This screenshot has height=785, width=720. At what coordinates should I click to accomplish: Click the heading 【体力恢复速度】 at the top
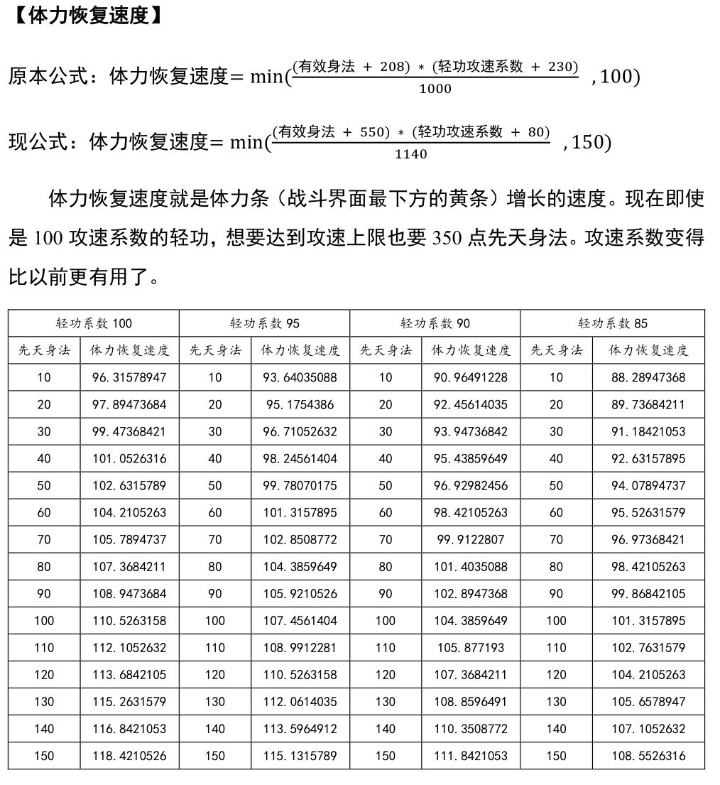(87, 16)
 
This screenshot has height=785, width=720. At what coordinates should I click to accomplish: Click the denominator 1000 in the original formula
(435, 89)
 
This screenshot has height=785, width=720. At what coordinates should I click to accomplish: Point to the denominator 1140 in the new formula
(411, 154)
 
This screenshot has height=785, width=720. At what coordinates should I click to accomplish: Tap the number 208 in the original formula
(395, 67)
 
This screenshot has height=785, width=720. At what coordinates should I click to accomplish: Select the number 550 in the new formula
(374, 132)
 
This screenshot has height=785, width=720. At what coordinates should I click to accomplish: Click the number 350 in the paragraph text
(447, 239)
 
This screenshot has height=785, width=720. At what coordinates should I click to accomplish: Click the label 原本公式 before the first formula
(48, 77)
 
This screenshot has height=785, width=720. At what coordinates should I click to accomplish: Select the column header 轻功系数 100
(94, 323)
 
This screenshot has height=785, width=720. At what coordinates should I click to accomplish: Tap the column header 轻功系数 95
(264, 323)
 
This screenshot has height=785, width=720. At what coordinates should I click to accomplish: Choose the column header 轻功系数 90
(435, 323)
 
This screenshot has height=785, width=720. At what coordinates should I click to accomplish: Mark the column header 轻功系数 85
(613, 323)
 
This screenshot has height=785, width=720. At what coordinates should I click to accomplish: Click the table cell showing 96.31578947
(129, 377)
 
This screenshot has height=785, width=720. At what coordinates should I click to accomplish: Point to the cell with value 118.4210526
(129, 756)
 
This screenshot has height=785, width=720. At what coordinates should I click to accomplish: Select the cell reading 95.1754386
(300, 405)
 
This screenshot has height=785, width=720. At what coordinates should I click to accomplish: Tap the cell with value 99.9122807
(470, 540)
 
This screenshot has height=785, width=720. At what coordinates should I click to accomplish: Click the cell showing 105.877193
(470, 648)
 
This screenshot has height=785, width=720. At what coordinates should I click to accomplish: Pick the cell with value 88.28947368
(648, 377)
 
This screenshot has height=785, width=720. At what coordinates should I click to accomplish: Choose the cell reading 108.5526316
(648, 756)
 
